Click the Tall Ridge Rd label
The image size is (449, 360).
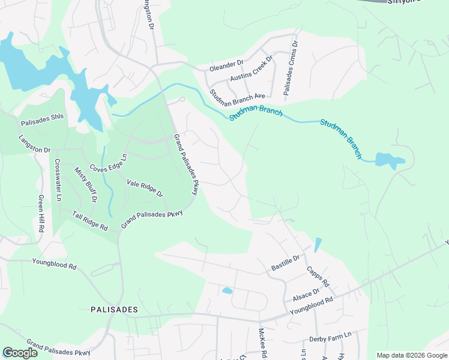(89, 221)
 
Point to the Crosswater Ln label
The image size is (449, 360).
(58, 179)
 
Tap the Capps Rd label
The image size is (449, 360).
(318, 277)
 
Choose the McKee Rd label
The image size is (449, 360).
(263, 342)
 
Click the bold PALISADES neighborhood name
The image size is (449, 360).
(114, 310)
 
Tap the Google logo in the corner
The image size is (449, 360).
(20, 353)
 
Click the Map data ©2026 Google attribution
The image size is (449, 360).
(412, 355)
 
